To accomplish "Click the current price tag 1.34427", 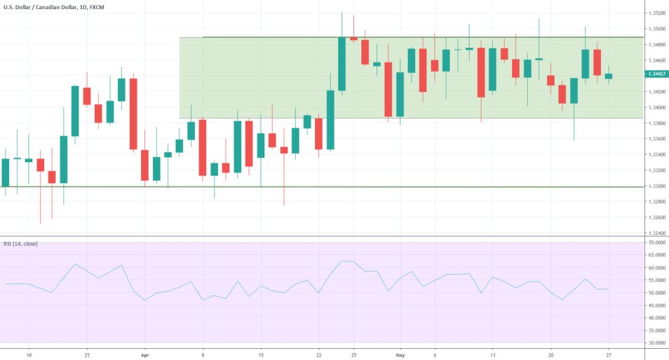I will pos(657,74).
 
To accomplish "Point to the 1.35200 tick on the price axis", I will pos(657,13).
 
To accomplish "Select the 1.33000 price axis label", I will pos(657,187).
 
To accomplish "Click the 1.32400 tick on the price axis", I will pos(657,234).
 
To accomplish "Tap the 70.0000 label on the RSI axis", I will pos(657,243).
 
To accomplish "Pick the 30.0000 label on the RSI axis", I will pos(657,343).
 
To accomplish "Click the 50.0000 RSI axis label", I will pos(657,293).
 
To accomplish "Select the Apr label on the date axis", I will pos(144,355).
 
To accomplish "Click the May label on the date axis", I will pos(400,355).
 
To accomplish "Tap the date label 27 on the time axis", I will pos(609,355).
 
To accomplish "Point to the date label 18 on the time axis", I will pos(29,355).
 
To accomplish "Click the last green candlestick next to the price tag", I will pos(609,76).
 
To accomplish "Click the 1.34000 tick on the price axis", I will pos(657,108).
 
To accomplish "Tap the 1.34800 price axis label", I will pos(657,45).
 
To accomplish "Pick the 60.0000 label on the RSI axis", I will pos(657,268).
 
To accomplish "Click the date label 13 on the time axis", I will pos(493,355).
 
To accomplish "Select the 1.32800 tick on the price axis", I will pos(657,202).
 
